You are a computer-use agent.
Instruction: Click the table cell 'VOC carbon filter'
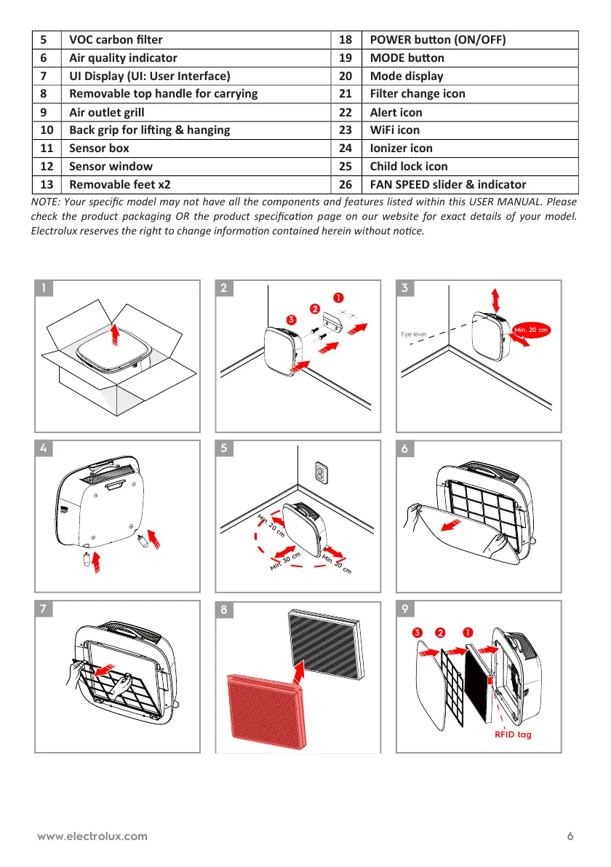coord(116,40)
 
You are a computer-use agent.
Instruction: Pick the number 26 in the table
coord(346,184)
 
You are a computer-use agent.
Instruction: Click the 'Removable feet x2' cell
coord(120,184)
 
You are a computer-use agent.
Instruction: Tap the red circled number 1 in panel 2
coord(338,298)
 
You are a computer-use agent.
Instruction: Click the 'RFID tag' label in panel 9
coord(514,735)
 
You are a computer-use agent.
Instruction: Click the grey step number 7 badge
coord(45,609)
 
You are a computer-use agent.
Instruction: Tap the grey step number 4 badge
coord(45,449)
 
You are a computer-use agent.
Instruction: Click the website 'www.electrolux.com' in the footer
coord(92,836)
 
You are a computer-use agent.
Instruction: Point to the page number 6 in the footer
coord(570,836)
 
